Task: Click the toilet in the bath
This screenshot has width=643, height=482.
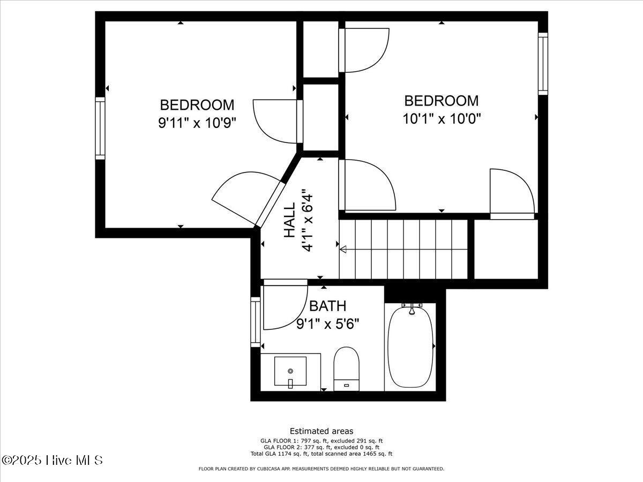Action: pos(347,368)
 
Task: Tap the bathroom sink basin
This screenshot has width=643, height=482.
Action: pos(290,371)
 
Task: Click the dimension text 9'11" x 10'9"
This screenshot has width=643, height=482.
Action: pos(197,123)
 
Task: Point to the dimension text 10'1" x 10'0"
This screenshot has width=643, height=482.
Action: pos(442,119)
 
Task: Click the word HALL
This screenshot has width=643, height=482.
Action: pos(290,220)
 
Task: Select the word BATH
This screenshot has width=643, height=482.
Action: pos(328,306)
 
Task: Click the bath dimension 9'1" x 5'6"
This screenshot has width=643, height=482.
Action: pos(328,324)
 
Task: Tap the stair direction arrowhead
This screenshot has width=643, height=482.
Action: pos(343,250)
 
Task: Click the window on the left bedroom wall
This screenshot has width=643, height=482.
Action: pos(100,128)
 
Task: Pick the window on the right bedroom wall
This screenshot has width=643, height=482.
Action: pos(543,64)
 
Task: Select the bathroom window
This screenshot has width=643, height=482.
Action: pos(256,322)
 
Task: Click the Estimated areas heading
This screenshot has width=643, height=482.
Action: pos(322,431)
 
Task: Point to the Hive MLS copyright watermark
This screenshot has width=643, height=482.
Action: pos(52,461)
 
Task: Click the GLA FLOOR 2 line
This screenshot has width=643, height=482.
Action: pos(322,447)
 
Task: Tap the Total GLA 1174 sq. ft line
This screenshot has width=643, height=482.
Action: pos(322,454)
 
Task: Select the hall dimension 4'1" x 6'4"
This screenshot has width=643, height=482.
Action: pos(307,220)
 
